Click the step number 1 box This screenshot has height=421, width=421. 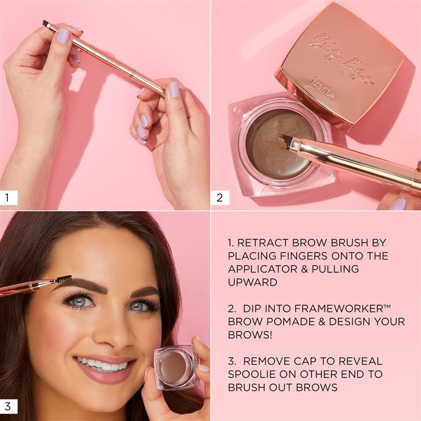pos(7,198)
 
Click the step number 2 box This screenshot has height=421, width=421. pos(219,198)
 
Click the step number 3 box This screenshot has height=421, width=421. pos(7,406)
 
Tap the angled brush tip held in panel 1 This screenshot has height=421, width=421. pos(46,24)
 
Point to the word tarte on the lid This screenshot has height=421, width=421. pos(322,94)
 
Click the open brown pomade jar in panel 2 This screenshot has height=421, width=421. pos(274,147)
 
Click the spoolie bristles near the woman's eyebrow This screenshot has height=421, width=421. pos(64,278)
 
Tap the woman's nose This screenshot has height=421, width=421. pos(113,329)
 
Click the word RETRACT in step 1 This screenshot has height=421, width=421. pos(262,243)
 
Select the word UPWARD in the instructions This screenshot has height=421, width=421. pos(253,282)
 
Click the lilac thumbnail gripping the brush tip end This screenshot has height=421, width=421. pos(63,36)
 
